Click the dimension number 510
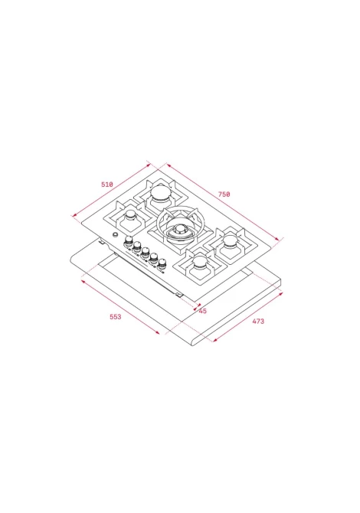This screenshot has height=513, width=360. (107, 185)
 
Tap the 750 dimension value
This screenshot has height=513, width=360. (224, 194)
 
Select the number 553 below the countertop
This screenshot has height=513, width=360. (115, 317)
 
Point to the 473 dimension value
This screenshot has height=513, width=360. (258, 322)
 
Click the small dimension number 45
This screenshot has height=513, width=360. (202, 311)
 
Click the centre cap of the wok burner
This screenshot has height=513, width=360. (179, 228)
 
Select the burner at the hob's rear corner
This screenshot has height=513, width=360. (160, 193)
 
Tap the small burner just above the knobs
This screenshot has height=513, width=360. (131, 216)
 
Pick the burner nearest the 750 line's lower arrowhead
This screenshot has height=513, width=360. (231, 241)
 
